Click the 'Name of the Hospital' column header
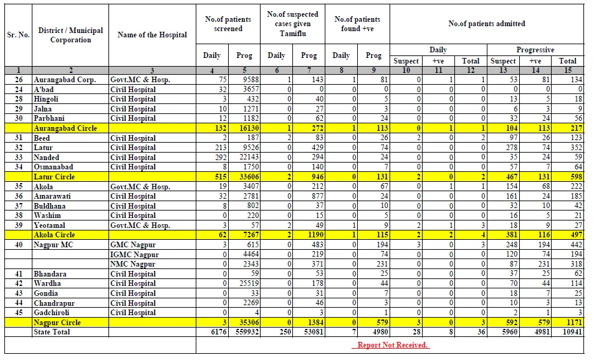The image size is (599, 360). tap(152, 35)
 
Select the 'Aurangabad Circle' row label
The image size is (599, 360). tap(65, 128)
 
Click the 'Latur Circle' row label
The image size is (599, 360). tap(54, 177)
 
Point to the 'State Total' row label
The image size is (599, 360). tap(52, 332)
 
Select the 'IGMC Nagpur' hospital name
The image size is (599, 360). tap(135, 254)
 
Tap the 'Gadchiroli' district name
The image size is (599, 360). tap(52, 312)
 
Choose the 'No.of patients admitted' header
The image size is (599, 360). tap(487, 24)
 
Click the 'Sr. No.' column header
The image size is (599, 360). tap(18, 35)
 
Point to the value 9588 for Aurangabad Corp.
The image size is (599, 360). tap(251, 79)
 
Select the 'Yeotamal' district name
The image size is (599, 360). tap(49, 225)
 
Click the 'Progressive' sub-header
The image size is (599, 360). tap(535, 50)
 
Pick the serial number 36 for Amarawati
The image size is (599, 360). tap(19, 196)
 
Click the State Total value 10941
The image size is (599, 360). tap(572, 332)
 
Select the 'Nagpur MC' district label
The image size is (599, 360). tap(53, 245)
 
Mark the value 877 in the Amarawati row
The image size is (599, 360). tap(317, 196)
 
